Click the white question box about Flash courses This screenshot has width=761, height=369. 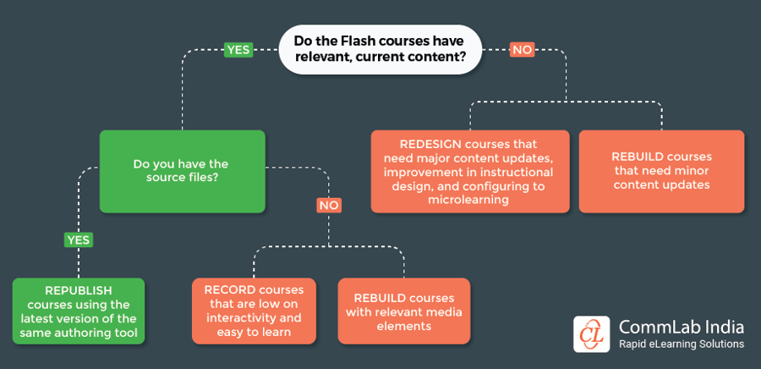pos(380,50)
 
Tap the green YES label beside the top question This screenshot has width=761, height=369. pos(238,50)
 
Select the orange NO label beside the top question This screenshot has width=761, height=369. pos(522,50)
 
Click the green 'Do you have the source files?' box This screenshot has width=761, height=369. pos(182,171)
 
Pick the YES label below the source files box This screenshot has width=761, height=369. pos(78,240)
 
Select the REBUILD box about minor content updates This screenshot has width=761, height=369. pos(661,171)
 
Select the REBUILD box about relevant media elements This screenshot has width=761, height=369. pos(403,311)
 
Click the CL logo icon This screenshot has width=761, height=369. pos(592,333)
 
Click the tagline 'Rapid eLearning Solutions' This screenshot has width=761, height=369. pos(682,344)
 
